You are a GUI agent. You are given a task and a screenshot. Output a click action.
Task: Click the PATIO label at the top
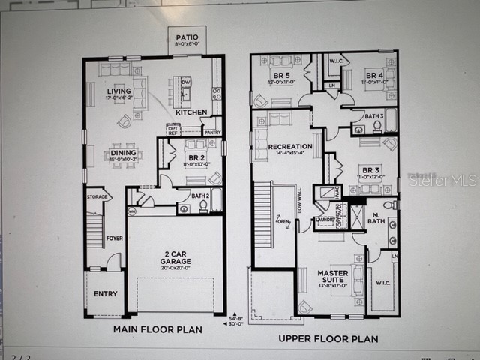[187, 37]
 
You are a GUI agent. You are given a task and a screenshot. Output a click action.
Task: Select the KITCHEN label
[192, 112]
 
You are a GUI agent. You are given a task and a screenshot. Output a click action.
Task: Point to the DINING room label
[124, 153]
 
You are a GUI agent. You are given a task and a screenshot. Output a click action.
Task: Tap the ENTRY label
[105, 294]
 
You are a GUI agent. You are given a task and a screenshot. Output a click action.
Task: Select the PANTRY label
[213, 133]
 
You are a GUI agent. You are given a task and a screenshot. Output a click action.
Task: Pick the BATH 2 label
[200, 195]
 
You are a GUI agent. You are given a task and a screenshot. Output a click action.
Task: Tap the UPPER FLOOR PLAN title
[328, 339]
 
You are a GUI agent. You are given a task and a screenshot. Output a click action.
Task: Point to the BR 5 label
[280, 74]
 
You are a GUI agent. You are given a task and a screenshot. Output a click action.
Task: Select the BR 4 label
[374, 74]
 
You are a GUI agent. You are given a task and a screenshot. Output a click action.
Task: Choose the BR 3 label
[370, 169]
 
